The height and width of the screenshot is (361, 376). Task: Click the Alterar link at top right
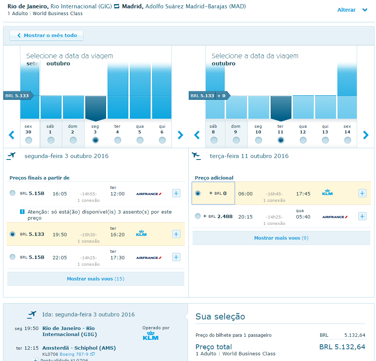click(x=347, y=10)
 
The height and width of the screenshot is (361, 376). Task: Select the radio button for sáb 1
click(x=51, y=140)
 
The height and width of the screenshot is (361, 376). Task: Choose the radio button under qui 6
click(x=162, y=140)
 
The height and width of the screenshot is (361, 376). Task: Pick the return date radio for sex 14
click(x=347, y=140)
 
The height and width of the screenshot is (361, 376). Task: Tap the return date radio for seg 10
click(x=258, y=140)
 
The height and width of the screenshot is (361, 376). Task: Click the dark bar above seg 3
click(x=96, y=108)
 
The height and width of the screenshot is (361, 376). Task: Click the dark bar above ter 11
click(x=280, y=108)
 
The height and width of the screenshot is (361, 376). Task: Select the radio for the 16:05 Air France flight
click(x=13, y=193)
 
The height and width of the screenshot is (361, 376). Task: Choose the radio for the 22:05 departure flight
click(x=13, y=257)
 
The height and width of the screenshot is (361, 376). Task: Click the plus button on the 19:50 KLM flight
click(x=176, y=234)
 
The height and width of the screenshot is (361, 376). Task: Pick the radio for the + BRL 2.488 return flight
click(x=198, y=216)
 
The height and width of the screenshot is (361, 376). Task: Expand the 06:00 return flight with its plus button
click(x=362, y=194)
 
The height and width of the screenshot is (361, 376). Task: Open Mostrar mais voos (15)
click(x=96, y=279)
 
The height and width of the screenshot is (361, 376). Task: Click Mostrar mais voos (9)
click(x=281, y=238)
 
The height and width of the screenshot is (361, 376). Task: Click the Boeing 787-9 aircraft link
click(x=74, y=354)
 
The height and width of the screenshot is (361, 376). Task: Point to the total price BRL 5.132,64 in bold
click(x=342, y=347)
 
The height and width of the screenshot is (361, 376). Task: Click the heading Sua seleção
click(x=220, y=317)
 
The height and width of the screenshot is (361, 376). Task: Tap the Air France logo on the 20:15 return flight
click(x=334, y=217)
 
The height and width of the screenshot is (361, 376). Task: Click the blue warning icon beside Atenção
click(x=22, y=212)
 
